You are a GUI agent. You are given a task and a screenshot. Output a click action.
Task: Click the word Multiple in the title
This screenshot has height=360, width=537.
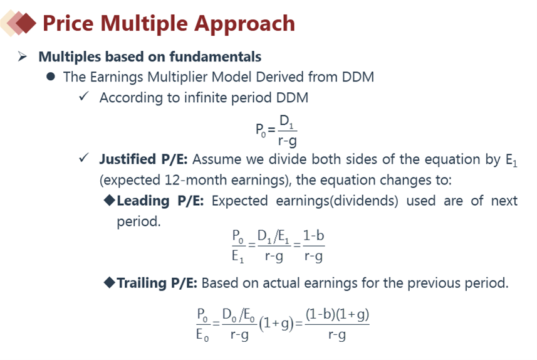pos(144,23)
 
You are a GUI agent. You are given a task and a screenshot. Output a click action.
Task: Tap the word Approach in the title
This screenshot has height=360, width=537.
pos(244,24)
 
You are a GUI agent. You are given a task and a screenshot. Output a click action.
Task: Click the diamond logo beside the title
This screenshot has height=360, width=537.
pos(19,23)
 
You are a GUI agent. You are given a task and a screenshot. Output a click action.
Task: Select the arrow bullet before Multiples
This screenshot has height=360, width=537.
pos(23,56)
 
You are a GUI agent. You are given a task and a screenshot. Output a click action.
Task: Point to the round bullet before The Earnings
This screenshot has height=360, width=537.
pos(51,77)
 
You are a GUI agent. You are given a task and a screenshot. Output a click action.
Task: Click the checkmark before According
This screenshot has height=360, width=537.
pos(84,96)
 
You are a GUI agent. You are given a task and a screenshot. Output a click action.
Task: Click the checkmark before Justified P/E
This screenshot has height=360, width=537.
pos(84,157)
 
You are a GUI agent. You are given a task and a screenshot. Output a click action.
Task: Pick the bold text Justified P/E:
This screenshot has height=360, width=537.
pos(143,159)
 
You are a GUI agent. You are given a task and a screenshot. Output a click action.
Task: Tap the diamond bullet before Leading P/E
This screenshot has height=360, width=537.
pos(109,200)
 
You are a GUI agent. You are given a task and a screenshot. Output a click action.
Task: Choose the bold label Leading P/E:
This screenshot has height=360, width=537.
pos(160,201)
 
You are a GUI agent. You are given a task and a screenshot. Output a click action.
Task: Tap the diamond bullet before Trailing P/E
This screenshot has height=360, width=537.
pos(109,283)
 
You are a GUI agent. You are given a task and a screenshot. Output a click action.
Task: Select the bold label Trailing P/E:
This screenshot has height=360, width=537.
pos(157,283)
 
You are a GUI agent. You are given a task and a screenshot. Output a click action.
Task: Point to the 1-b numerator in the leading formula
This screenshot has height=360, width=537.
pos(313,236)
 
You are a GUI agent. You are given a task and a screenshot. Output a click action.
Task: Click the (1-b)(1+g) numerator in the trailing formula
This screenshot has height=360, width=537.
pos(337,314)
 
